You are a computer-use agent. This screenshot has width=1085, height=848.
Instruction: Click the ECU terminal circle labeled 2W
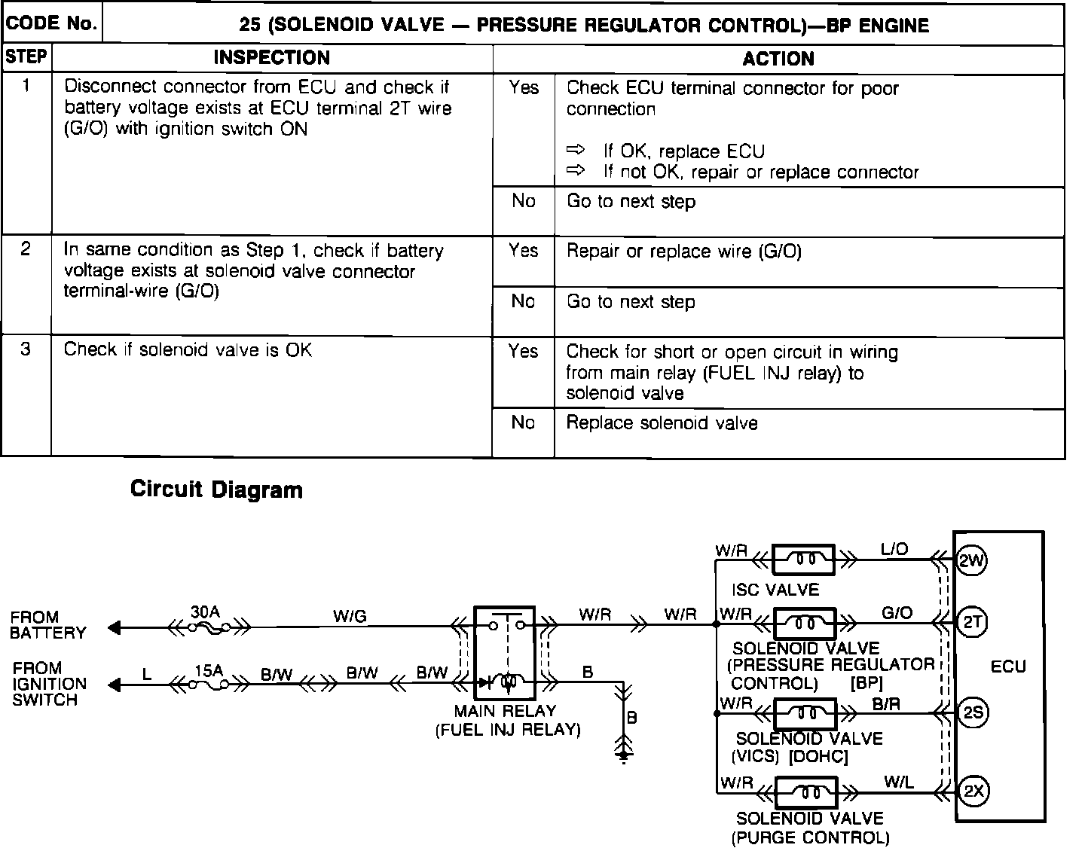point(971,560)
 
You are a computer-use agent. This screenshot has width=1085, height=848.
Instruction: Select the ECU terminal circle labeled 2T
point(971,622)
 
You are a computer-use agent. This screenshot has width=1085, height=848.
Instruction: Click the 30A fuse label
point(205,612)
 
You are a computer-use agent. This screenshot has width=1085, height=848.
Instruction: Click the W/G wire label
point(350,617)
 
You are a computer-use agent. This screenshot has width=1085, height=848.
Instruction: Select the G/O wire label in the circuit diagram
point(897,613)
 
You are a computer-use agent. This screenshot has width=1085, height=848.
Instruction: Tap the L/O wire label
point(894,550)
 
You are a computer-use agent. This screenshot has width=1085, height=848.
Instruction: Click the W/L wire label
point(898,782)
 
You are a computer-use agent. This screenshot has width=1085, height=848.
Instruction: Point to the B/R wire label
point(886,704)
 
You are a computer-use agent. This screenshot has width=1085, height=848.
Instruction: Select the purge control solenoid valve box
point(806,792)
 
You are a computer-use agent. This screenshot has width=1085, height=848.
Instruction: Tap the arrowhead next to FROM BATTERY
point(115,627)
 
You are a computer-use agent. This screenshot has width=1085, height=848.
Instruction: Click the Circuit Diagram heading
point(216,490)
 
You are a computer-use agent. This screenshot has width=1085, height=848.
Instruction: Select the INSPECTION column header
point(271,58)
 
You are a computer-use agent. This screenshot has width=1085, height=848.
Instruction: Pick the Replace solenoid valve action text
point(662,423)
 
